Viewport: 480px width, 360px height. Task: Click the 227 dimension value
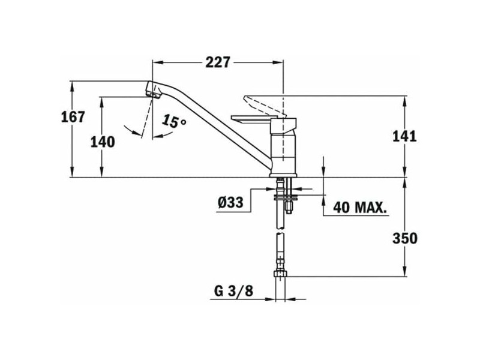pyautogui.click(x=217, y=62)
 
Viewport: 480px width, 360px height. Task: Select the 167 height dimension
pyautogui.click(x=73, y=117)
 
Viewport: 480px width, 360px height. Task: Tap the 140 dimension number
pyautogui.click(x=103, y=142)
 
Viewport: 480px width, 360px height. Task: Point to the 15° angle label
pyautogui.click(x=174, y=121)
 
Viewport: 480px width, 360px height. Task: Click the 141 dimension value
pyautogui.click(x=404, y=137)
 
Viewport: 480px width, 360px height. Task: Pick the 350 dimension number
pyautogui.click(x=404, y=238)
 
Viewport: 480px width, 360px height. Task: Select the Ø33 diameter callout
pyautogui.click(x=230, y=202)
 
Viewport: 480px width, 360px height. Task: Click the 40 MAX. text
pyautogui.click(x=359, y=208)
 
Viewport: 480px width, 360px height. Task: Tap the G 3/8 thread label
pyautogui.click(x=233, y=291)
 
